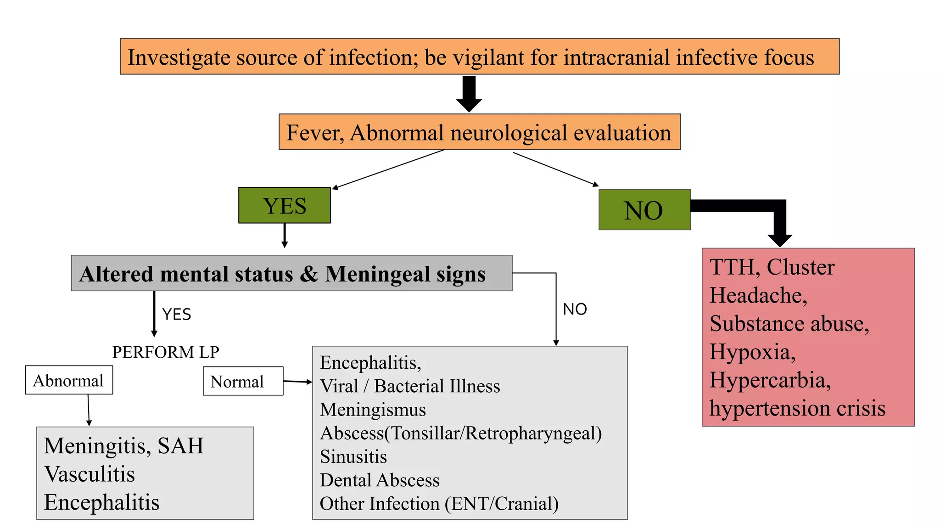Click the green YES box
[284, 205]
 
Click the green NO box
[644, 210]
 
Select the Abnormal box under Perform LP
[69, 380]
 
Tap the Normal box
[243, 381]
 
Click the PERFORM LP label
[166, 352]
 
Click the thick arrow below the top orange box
[469, 94]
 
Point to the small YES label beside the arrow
[177, 315]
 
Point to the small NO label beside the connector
[575, 309]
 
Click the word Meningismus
[373, 410]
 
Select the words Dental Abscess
[380, 480]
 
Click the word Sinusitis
[353, 457]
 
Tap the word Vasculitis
[90, 474]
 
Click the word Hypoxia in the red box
[752, 352]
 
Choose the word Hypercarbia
[770, 380]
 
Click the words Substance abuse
[789, 324]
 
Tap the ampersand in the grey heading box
[309, 274]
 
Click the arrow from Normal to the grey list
[297, 381]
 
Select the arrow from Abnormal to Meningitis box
[89, 410]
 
